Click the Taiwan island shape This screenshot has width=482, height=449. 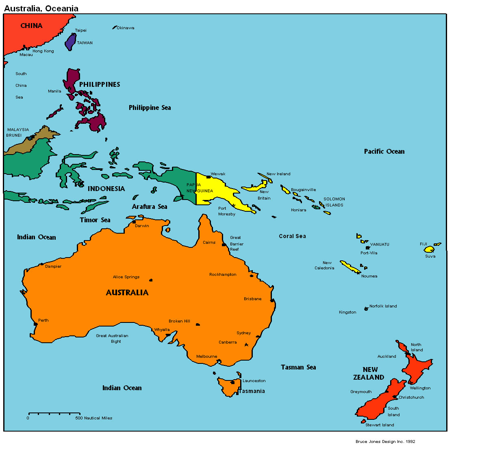click(x=71, y=42)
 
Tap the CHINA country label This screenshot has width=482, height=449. click(x=31, y=26)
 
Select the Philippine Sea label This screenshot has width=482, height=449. click(x=150, y=108)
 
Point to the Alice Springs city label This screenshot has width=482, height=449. click(x=126, y=277)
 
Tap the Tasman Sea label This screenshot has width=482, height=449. click(x=298, y=367)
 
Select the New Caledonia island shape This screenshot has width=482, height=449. click(x=350, y=267)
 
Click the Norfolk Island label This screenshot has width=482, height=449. click(x=383, y=306)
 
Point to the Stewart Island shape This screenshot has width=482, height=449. click(x=363, y=421)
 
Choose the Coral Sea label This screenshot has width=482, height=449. click(x=292, y=236)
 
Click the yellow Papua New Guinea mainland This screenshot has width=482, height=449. click(x=215, y=191)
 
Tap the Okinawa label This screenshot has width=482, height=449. click(x=125, y=28)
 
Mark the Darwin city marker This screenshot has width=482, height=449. click(x=134, y=222)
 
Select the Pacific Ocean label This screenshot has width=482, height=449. click(x=384, y=152)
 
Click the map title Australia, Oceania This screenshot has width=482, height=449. click(x=41, y=8)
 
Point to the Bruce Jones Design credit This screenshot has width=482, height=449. click(x=385, y=442)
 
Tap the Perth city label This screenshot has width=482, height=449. click(x=43, y=320)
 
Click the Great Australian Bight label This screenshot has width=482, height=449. click(x=112, y=338)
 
